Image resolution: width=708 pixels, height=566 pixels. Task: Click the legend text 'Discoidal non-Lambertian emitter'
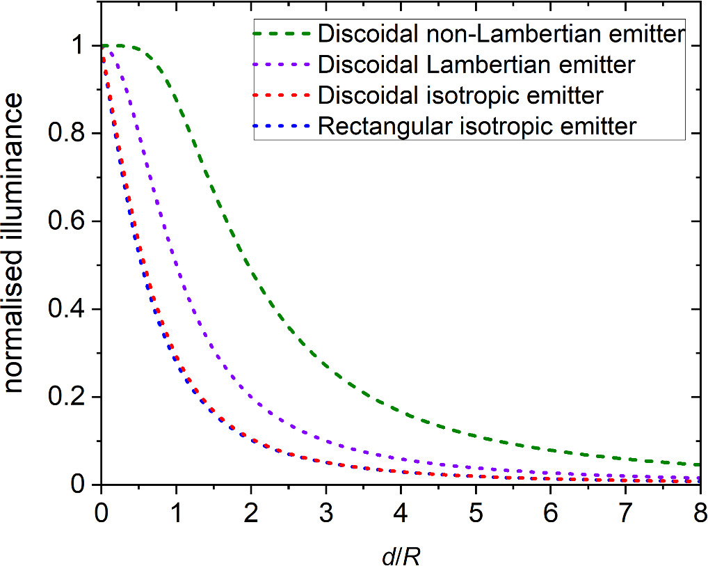click(501, 33)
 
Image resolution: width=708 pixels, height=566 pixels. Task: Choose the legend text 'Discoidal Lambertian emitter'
click(476, 65)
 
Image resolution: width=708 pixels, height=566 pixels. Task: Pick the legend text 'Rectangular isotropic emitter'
click(476, 127)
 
